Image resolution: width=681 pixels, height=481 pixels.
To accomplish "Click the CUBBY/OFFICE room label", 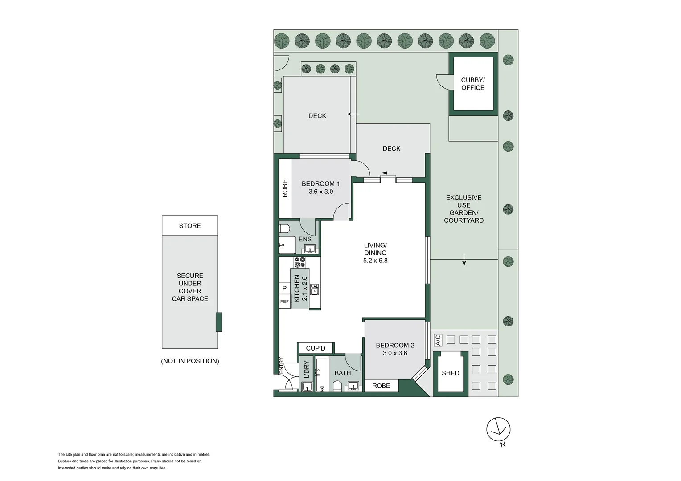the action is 473,84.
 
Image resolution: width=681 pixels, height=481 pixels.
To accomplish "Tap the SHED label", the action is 450,373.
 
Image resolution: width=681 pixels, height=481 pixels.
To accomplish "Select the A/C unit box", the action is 438,340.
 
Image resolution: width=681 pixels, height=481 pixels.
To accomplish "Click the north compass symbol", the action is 498,429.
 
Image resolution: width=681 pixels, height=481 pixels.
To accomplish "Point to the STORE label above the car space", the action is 190,226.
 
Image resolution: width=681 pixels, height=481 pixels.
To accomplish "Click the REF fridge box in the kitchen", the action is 284,302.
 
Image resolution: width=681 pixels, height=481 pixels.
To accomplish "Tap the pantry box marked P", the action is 284,288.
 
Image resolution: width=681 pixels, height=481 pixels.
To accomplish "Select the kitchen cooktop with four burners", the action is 300,262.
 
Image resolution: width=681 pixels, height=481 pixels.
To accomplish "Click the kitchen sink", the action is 314,290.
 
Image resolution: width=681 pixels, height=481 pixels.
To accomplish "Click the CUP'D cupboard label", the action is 316,348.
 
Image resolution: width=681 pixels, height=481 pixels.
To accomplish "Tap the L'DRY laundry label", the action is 307,369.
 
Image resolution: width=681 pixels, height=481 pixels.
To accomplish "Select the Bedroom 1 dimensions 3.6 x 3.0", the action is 321,192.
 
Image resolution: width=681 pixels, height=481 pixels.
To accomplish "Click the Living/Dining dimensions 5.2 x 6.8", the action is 375,261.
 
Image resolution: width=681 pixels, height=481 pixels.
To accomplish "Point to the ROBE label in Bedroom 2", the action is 381,386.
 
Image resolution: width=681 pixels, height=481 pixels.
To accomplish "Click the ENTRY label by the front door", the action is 281,366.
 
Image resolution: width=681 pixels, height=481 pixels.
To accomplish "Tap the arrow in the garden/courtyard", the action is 464,260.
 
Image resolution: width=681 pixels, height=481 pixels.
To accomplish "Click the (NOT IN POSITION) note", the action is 190,361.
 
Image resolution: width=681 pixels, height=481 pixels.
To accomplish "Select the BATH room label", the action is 343,373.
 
